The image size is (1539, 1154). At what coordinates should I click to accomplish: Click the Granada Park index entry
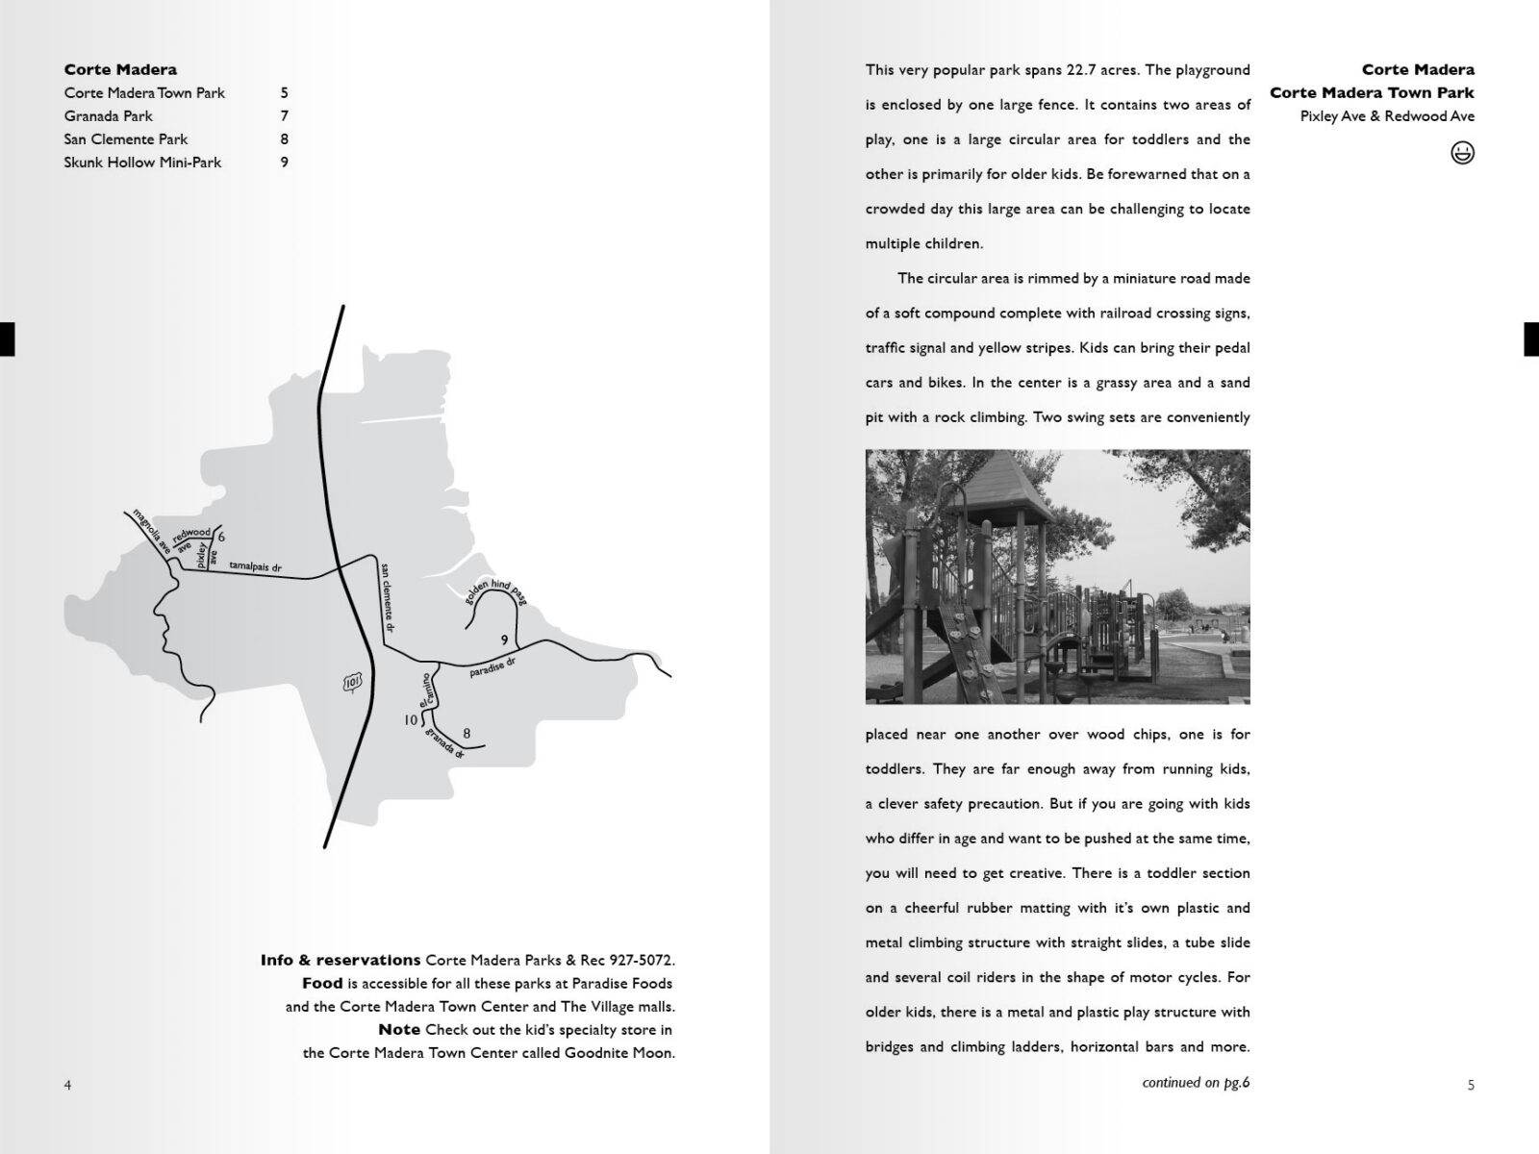[x=108, y=116]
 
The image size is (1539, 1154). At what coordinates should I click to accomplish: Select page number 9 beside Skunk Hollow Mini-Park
[x=284, y=163]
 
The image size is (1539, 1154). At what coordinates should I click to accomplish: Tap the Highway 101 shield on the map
[x=351, y=683]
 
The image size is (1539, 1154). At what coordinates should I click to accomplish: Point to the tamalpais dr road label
[x=255, y=567]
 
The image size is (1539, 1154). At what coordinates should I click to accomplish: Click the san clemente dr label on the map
[x=389, y=596]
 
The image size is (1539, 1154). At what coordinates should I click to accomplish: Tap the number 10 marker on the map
[x=411, y=719]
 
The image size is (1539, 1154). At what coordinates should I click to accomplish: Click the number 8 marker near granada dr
[x=467, y=734]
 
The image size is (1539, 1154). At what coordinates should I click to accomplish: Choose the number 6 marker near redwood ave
[x=221, y=537]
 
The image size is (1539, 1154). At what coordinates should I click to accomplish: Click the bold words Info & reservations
[x=341, y=960]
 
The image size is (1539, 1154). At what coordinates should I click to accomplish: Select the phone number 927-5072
[x=640, y=960]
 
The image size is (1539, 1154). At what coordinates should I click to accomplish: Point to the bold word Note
[x=399, y=1029]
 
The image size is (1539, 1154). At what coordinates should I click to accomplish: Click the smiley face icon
[x=1462, y=153]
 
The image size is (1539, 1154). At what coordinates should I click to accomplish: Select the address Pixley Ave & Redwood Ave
[x=1387, y=116]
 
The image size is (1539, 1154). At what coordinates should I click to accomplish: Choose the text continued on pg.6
[x=1196, y=1083]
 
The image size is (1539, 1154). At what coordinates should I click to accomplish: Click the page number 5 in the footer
[x=1471, y=1086]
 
